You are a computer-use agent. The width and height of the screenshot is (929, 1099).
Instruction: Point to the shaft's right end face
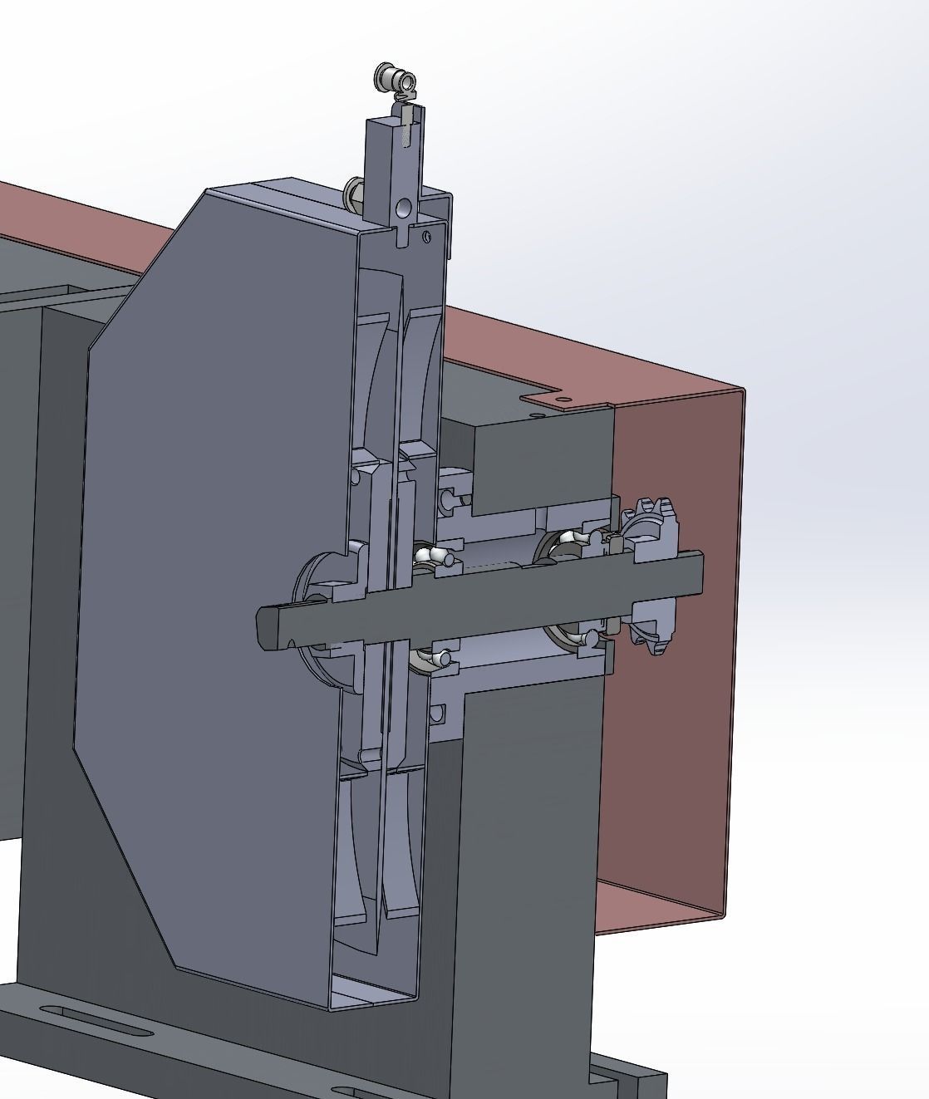[697, 573]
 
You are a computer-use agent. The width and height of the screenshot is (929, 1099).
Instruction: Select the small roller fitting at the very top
[395, 80]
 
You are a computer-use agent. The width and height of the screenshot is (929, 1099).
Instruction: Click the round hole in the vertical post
[404, 206]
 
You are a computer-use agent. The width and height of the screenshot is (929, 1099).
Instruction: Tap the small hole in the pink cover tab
[563, 400]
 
